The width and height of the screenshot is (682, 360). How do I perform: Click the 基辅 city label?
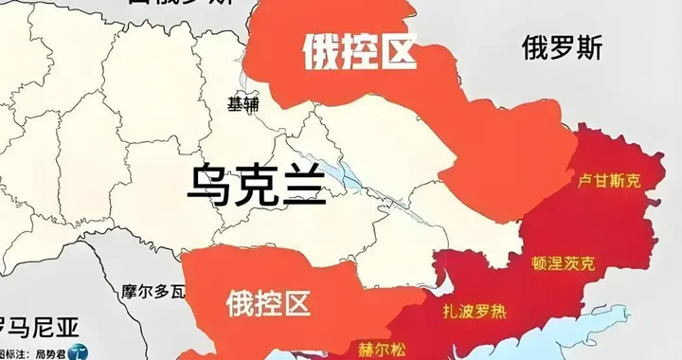[x=243, y=105]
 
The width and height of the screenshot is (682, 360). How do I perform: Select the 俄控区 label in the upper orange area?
[x=360, y=52]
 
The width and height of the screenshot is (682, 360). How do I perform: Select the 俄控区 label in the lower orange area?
[x=269, y=305]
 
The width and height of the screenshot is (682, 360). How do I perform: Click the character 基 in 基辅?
[x=236, y=105]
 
